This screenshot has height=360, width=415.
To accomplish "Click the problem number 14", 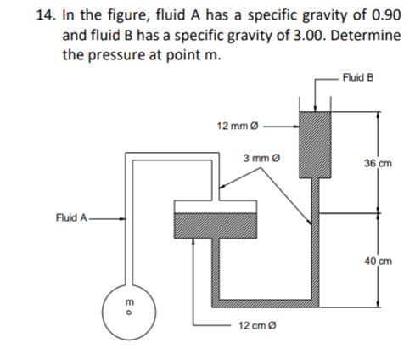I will point(23,14).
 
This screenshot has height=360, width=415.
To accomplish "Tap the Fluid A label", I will point(70,217).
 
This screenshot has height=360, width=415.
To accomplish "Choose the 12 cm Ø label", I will point(255,326).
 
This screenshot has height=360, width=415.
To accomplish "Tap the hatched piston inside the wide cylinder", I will point(214,226).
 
